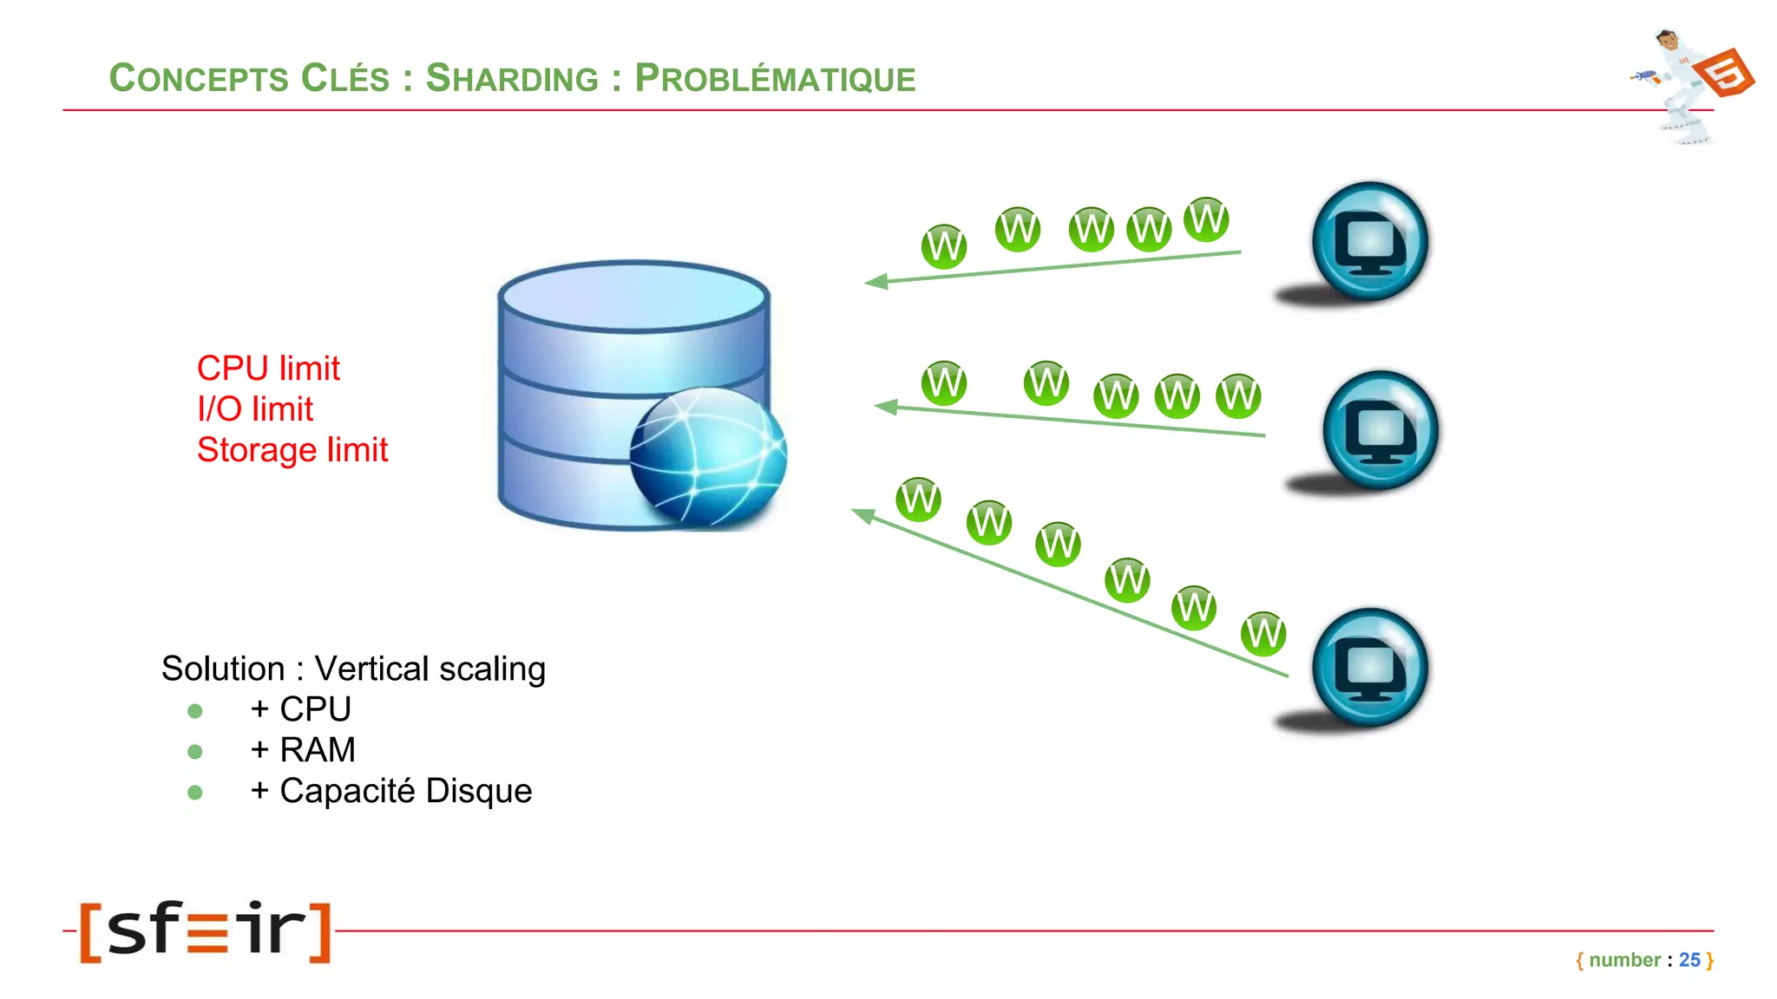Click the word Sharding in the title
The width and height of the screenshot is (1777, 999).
coord(512,78)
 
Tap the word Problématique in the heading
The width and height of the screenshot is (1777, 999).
coord(775,78)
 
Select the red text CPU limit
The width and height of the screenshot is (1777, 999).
coord(268,369)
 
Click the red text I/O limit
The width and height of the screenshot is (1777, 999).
coord(255,409)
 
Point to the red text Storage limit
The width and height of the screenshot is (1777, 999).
coord(292,450)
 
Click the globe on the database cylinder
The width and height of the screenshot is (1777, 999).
coord(707,456)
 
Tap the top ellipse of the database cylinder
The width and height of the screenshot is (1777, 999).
coord(634,296)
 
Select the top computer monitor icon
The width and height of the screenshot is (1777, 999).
coord(1369,242)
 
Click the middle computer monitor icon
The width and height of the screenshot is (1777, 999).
coord(1380,431)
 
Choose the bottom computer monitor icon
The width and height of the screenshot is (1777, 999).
coord(1369,668)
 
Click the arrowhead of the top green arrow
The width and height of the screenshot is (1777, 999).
coord(876,282)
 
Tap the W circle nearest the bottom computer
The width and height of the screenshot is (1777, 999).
coord(1262,634)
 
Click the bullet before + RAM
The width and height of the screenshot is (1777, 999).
coord(195,752)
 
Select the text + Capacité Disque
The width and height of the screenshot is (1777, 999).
coord(391,791)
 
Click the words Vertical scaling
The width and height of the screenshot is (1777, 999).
coord(429,669)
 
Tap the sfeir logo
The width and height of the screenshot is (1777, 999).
coord(206,930)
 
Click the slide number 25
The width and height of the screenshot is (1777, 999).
coord(1688,960)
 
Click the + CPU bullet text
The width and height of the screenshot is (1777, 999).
coord(301,709)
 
